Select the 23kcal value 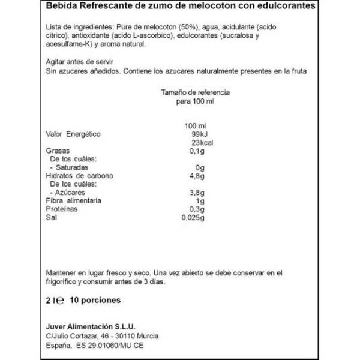coord(197,142)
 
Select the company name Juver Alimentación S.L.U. coord(90,326)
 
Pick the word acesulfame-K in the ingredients coord(68,45)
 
